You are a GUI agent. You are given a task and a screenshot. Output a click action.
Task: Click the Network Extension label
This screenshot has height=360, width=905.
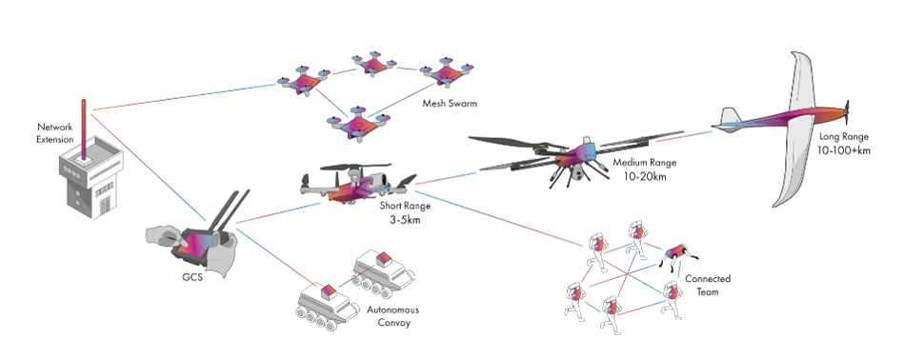(54, 132)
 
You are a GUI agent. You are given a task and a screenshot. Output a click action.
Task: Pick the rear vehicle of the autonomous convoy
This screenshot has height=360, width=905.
(378, 271)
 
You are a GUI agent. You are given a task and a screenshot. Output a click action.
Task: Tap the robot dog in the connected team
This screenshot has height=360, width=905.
(677, 253)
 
